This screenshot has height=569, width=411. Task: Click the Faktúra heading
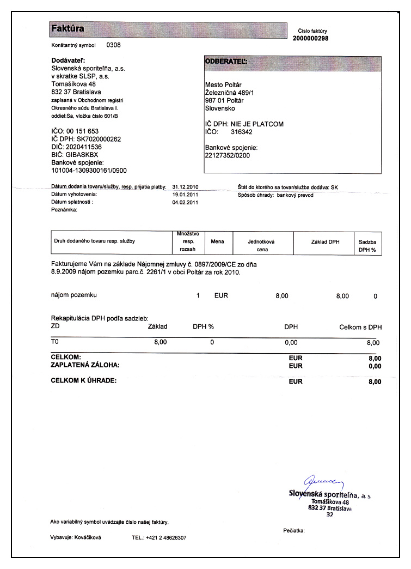pyautogui.click(x=67, y=28)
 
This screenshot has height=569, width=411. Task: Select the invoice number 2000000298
pyautogui.click(x=310, y=38)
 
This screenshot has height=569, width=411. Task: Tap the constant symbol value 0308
pyautogui.click(x=113, y=45)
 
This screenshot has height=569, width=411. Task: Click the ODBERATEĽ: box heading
pyautogui.click(x=225, y=62)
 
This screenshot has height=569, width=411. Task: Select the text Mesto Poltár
pyautogui.click(x=223, y=85)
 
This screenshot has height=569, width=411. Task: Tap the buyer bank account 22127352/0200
pyautogui.click(x=228, y=155)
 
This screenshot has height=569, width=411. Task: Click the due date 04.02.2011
pyautogui.click(x=185, y=202)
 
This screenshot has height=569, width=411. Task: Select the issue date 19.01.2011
pyautogui.click(x=185, y=195)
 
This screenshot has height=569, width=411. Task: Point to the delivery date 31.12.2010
pyautogui.click(x=185, y=187)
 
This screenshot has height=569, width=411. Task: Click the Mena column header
pyautogui.click(x=218, y=241)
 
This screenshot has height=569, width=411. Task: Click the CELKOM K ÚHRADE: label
pyautogui.click(x=83, y=380)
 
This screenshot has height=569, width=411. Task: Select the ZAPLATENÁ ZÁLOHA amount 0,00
pyautogui.click(x=375, y=366)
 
